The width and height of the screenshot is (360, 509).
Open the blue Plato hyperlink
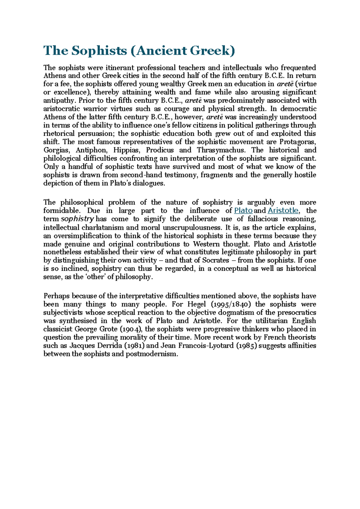pyautogui.click(x=243, y=210)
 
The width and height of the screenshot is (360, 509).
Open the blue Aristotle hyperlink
pyautogui.click(x=283, y=210)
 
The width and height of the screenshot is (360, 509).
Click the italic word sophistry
pyautogui.click(x=77, y=219)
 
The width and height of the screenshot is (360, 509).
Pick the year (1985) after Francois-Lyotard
pyautogui.click(x=247, y=346)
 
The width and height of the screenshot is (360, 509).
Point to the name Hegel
pyautogui.click(x=196, y=304)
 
